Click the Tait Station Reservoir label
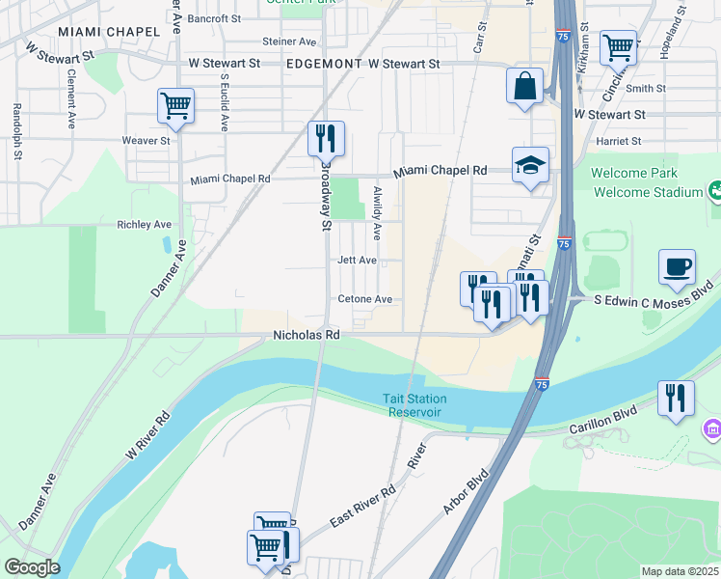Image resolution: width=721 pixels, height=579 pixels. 414,405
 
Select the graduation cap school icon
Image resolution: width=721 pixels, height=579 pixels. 530,166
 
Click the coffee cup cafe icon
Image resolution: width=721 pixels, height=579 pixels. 677,266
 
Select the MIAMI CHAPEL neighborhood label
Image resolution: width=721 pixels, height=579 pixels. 108,32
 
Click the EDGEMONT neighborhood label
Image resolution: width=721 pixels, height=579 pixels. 323,64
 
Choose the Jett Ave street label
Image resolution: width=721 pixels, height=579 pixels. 357,261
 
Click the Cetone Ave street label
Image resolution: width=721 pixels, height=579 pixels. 365,300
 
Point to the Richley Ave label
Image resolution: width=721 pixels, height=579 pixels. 144,225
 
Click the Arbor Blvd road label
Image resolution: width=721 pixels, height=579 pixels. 465,491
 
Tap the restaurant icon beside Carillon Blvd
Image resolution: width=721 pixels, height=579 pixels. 676,398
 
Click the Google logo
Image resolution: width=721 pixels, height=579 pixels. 31,567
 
